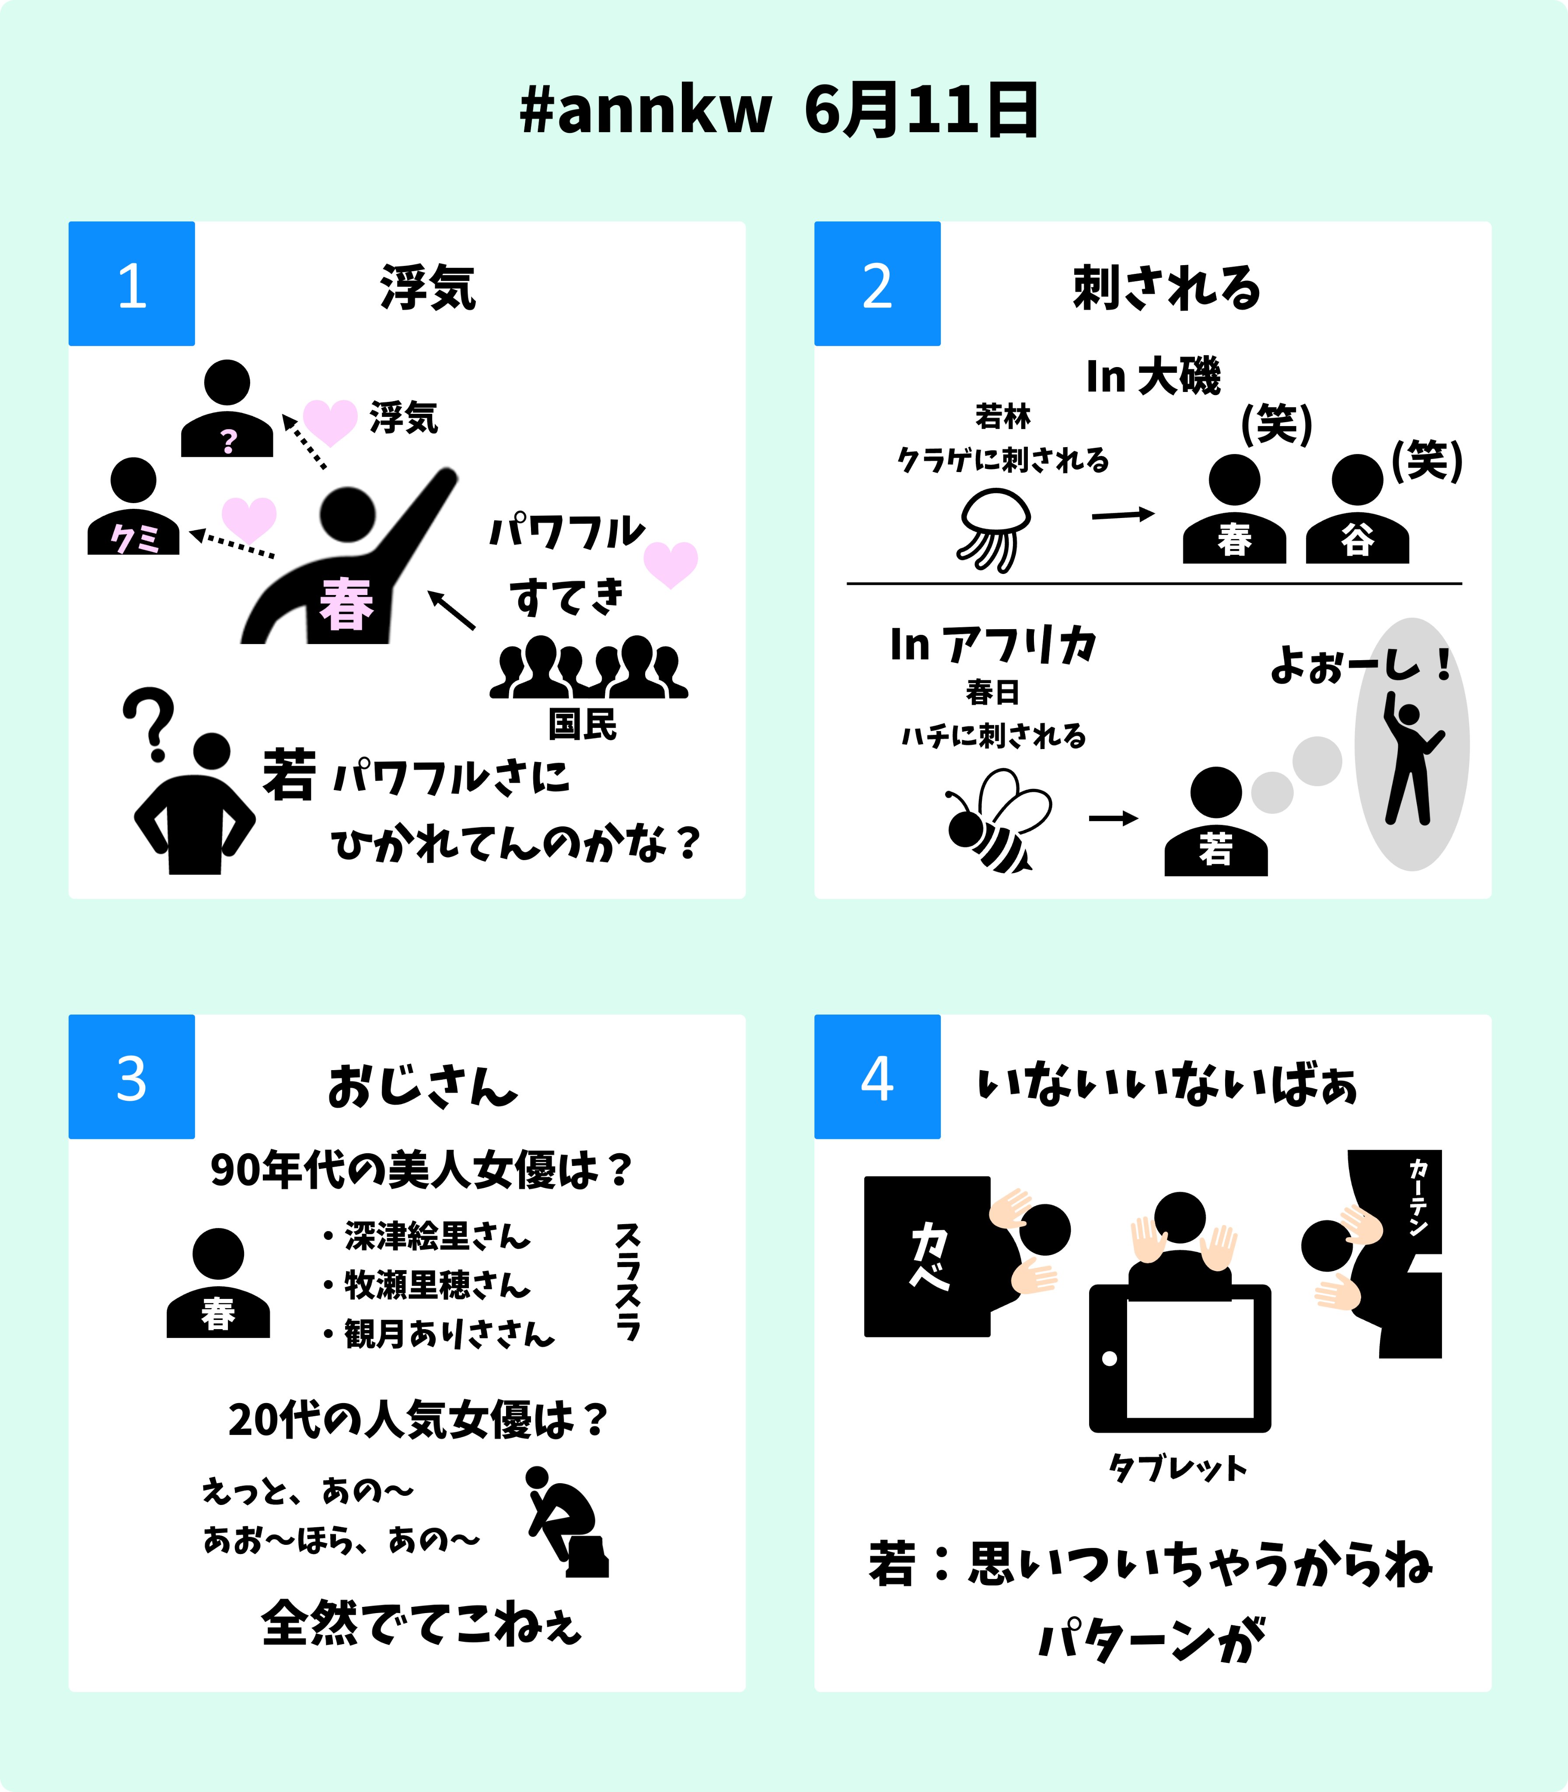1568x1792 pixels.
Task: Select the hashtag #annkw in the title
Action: [x=646, y=111]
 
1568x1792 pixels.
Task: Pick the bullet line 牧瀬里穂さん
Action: [x=436, y=1285]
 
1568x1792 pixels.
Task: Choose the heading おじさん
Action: [x=423, y=1087]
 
